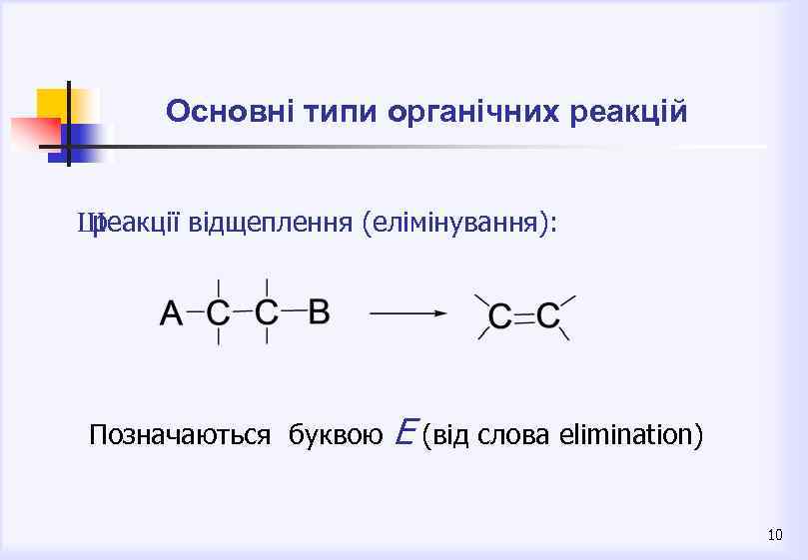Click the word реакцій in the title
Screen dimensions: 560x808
coord(628,111)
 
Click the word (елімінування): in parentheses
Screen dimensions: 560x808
coord(459,225)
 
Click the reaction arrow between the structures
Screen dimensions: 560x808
coord(407,312)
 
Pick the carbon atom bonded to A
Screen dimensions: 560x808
coord(218,312)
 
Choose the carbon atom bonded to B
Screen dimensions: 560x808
coord(267,312)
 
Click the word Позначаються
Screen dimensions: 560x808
coord(180,435)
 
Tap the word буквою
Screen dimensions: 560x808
coord(336,435)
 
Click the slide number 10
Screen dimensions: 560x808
coord(775,536)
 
